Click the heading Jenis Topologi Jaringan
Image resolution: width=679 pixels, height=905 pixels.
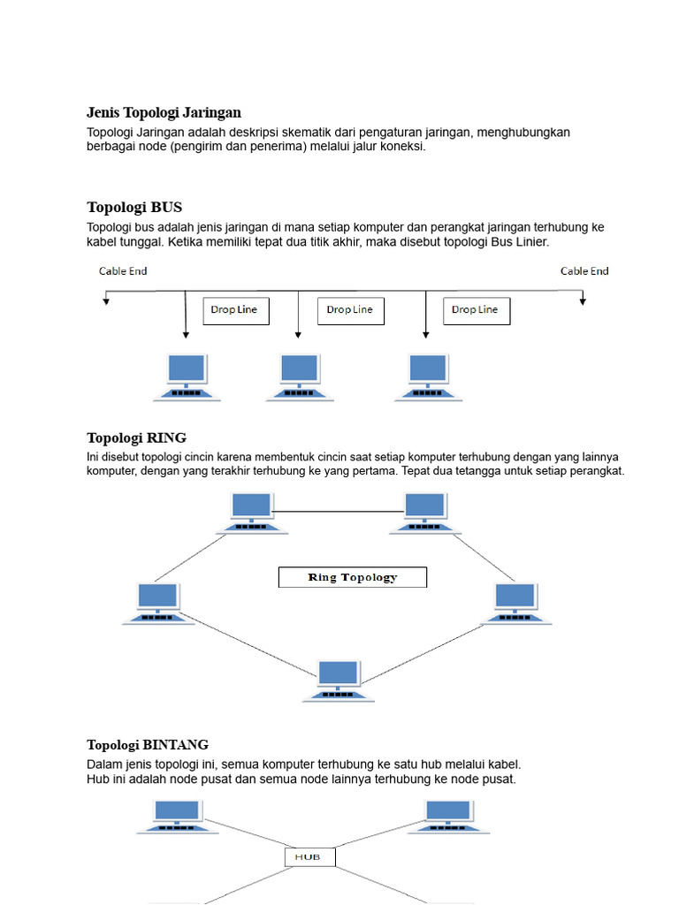pyautogui.click(x=164, y=112)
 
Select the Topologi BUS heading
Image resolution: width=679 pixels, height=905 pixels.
pyautogui.click(x=134, y=207)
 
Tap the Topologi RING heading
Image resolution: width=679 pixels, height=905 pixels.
pyautogui.click(x=137, y=438)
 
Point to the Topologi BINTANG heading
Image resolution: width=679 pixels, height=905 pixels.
pyautogui.click(x=148, y=745)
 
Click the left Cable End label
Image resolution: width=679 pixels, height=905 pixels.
pyautogui.click(x=123, y=271)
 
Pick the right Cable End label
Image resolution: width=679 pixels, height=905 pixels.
pyautogui.click(x=584, y=271)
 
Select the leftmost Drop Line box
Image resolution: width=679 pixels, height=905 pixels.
pyautogui.click(x=236, y=311)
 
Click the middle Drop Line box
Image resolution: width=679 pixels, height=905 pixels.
pyautogui.click(x=351, y=311)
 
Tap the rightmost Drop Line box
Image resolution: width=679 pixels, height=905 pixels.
pyautogui.click(x=477, y=311)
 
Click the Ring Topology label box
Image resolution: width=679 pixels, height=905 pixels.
pyautogui.click(x=353, y=577)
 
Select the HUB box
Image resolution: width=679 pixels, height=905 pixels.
pyautogui.click(x=310, y=857)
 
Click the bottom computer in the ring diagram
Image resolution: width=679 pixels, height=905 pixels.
pyautogui.click(x=339, y=681)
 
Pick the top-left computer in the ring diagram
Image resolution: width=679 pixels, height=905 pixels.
pyautogui.click(x=252, y=513)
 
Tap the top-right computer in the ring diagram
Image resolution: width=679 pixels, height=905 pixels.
pyautogui.click(x=425, y=513)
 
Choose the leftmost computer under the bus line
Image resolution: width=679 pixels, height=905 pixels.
pyautogui.click(x=187, y=377)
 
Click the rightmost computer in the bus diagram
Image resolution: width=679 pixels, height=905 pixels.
pyautogui.click(x=428, y=377)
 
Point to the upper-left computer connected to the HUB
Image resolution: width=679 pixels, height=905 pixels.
pyautogui.click(x=177, y=817)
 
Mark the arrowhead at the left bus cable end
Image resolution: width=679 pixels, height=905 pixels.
pyautogui.click(x=106, y=301)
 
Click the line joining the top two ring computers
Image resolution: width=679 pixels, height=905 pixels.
pyautogui.click(x=338, y=512)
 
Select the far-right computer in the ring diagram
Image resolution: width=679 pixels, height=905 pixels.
pyautogui.click(x=515, y=604)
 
